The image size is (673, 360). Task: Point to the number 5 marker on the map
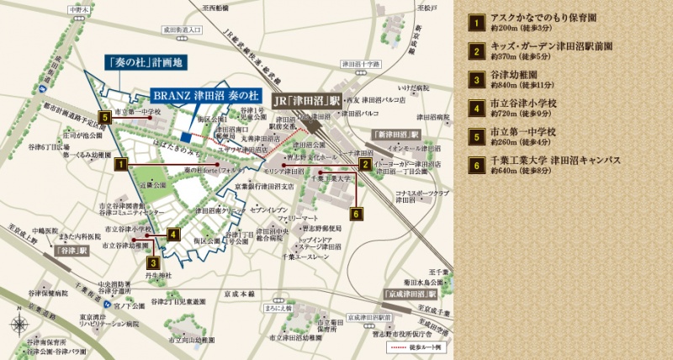click(x=104, y=118)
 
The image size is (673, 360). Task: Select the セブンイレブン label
click(x=269, y=208)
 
